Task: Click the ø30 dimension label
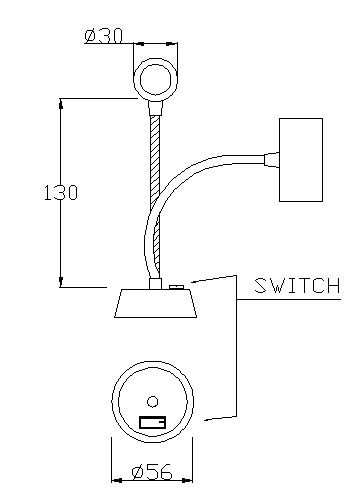(x=104, y=36)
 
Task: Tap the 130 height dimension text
(x=61, y=193)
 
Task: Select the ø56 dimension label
(x=152, y=472)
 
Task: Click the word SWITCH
(x=297, y=286)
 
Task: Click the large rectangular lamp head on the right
(x=301, y=160)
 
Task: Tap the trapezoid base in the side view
(x=155, y=303)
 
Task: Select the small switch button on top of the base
(x=176, y=287)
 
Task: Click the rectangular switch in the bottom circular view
(x=152, y=423)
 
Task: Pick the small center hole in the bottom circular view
(x=152, y=402)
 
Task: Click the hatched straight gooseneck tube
(x=155, y=197)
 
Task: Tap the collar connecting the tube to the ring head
(x=155, y=108)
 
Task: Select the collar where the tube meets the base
(x=155, y=284)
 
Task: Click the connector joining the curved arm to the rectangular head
(x=271, y=159)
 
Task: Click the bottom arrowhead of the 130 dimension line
(x=61, y=282)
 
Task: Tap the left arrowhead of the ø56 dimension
(x=116, y=480)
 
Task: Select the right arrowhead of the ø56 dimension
(x=188, y=480)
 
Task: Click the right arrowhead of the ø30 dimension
(x=173, y=43)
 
